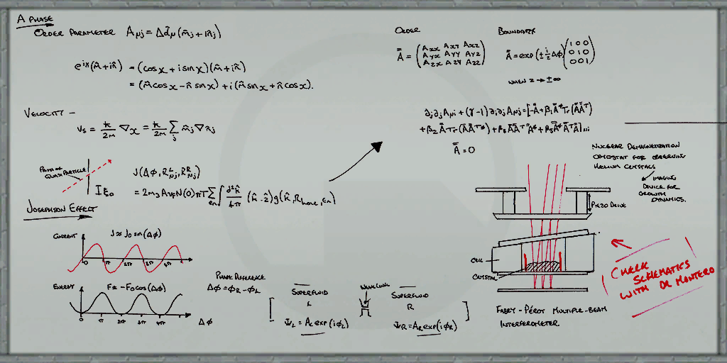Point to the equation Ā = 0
[x=463, y=150]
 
